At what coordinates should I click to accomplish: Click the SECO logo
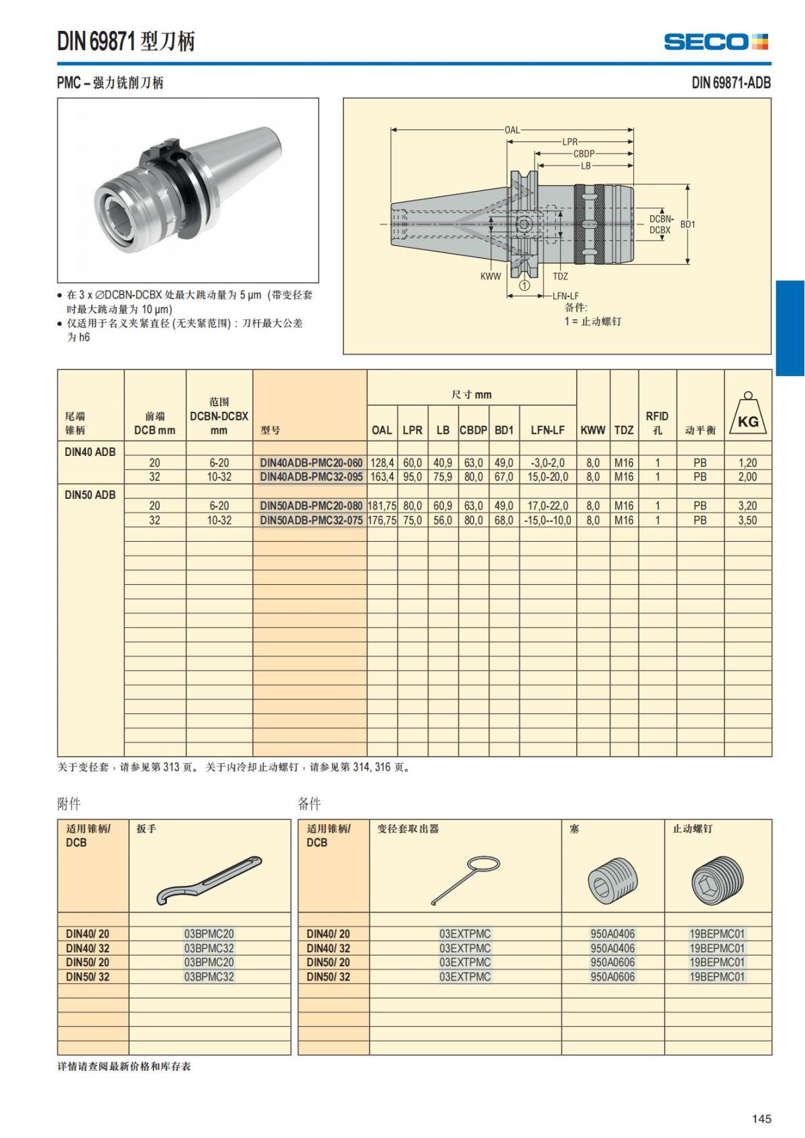coord(716,42)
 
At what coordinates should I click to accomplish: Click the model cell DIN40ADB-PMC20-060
coord(311,463)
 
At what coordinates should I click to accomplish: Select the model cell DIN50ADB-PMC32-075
coord(311,520)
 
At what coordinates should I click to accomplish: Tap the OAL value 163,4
coord(382,477)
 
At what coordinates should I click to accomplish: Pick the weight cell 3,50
coord(747,520)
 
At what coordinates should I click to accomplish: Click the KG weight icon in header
coord(748,416)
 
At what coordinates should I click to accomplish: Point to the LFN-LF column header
coord(547,430)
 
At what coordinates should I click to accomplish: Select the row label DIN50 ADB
coord(90,495)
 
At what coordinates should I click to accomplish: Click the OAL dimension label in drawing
coord(512,129)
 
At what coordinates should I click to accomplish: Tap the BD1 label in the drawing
coord(688,224)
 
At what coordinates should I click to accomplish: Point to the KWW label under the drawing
coord(490,276)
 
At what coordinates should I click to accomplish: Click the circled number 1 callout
coord(525,285)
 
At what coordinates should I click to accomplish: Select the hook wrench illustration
coord(209,879)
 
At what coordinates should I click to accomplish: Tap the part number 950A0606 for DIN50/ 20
coord(612,962)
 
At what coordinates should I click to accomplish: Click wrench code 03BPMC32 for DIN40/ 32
coord(209,948)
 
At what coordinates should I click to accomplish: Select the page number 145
coord(761,1119)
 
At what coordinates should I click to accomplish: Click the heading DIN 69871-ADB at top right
coord(731,83)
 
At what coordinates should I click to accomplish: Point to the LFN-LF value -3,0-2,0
coord(547,463)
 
